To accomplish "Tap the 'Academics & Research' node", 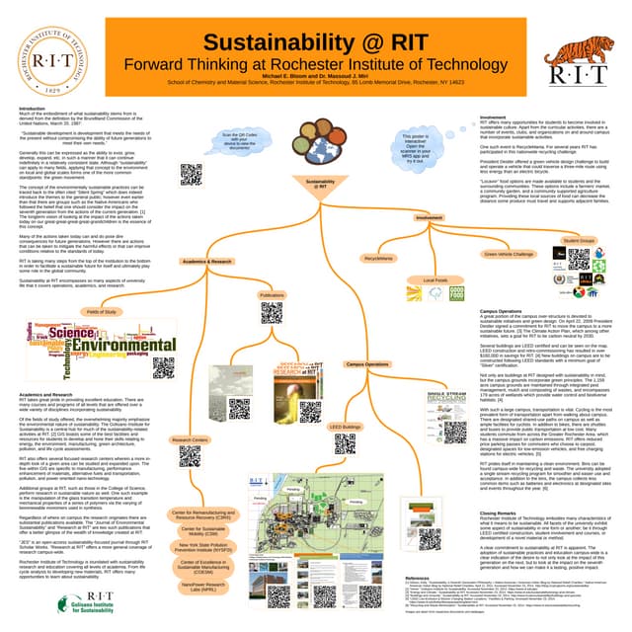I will point(207,262).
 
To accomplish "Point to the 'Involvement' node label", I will point(429,217).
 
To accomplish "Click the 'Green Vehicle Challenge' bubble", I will point(509,254).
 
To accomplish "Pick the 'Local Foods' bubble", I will point(435,280).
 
